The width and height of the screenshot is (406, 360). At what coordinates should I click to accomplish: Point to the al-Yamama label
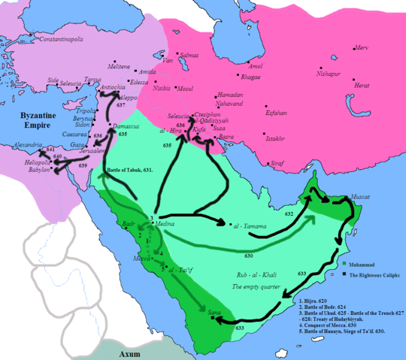click(x=247, y=225)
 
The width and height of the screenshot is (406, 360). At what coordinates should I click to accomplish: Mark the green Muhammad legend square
click(x=343, y=264)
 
